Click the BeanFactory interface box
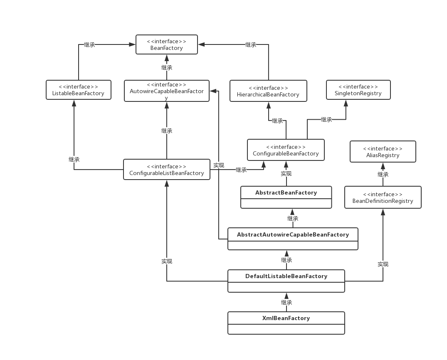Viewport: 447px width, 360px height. point(167,44)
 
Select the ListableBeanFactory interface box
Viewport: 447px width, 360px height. point(78,90)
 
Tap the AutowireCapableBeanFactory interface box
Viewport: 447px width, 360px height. point(166,91)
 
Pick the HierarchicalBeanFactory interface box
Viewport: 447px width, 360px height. point(268,91)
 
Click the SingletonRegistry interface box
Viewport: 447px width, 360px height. point(358,90)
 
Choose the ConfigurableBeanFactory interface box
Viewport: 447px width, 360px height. point(286,150)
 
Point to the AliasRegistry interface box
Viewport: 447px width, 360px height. point(383,152)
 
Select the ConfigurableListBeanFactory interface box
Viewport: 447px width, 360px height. point(166,170)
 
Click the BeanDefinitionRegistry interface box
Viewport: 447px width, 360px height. point(383,197)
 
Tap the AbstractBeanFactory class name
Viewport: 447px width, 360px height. point(286,192)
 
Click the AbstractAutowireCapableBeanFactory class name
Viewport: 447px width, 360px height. point(293,234)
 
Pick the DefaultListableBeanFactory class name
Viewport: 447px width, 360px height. point(286,276)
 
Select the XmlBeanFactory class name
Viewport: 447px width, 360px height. point(286,318)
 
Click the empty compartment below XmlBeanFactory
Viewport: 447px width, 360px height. point(286,329)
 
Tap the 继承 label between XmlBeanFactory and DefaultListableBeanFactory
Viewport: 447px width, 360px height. point(286,302)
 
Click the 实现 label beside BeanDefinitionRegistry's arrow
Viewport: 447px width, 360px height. point(383,264)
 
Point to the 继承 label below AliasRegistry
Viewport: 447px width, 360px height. point(383,174)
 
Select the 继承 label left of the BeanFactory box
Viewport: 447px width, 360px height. point(89,44)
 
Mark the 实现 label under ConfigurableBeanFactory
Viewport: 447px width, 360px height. point(286,173)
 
